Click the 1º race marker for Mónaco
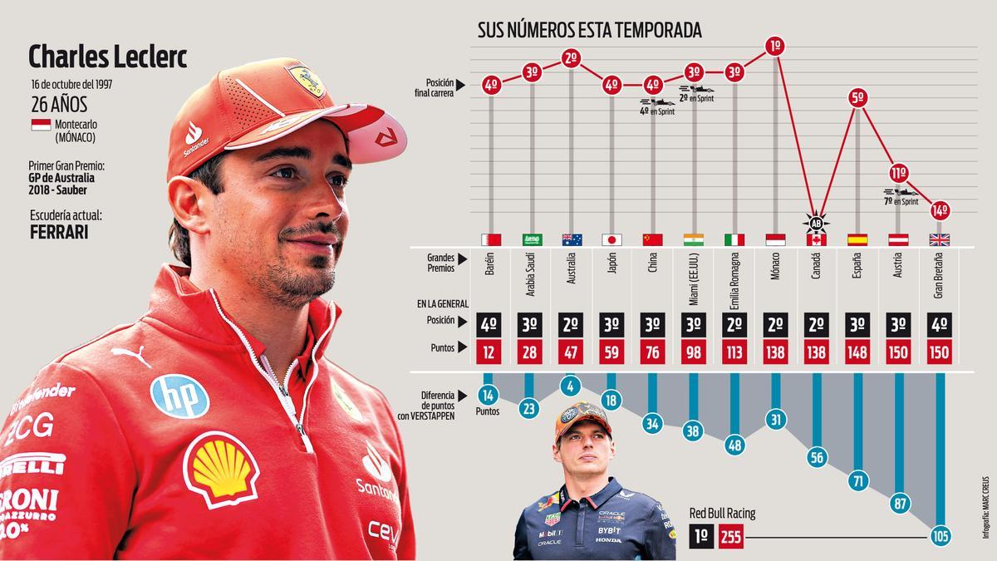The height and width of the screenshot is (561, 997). pos(775,46)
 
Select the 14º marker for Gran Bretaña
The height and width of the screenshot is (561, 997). pos(939,210)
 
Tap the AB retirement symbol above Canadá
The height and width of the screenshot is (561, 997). pos(816,222)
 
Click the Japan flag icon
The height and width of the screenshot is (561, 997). pos(612,239)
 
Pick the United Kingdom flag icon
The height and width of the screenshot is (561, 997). pos(939,239)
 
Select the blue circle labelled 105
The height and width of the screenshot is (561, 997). pos(940,537)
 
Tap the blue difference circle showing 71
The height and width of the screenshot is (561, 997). pos(858,480)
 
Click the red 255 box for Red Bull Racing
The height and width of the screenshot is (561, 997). pos(730,537)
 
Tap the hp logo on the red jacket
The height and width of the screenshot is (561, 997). pos(179,396)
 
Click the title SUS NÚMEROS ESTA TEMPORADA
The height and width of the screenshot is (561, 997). pos(589,31)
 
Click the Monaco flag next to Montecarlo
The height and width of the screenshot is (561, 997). pos(40,125)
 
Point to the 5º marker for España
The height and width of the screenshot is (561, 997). pos(857,98)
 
